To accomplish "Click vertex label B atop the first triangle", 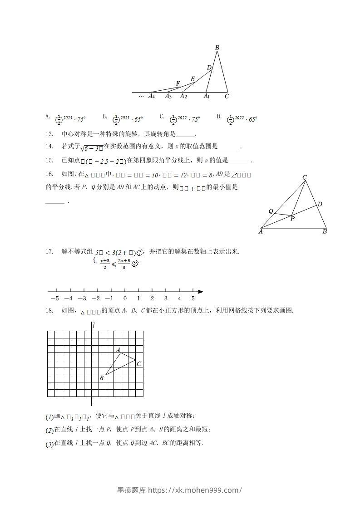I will pyautogui.click(x=217, y=48).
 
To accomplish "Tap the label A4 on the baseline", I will pyautogui.click(x=152, y=96).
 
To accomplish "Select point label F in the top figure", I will pyautogui.click(x=178, y=83).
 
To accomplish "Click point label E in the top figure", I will pyautogui.click(x=192, y=79).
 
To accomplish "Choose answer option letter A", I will pyautogui.click(x=48, y=117).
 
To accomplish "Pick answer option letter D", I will pyautogui.click(x=219, y=117).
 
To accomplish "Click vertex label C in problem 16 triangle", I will pyautogui.click(x=305, y=177).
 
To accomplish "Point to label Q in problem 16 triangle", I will pyautogui.click(x=271, y=211).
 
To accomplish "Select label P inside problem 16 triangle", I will pyautogui.click(x=293, y=219).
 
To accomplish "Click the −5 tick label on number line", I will pyautogui.click(x=54, y=299).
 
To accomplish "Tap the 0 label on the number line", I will pyautogui.click(x=125, y=299).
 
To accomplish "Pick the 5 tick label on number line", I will pyautogui.click(x=193, y=299).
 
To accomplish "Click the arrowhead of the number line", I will pyautogui.click(x=201, y=291).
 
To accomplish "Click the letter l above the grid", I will pyautogui.click(x=93, y=325).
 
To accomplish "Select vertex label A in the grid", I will pyautogui.click(x=118, y=350).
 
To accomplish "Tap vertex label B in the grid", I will pyautogui.click(x=101, y=378).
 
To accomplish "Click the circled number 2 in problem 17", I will pyautogui.click(x=134, y=264).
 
